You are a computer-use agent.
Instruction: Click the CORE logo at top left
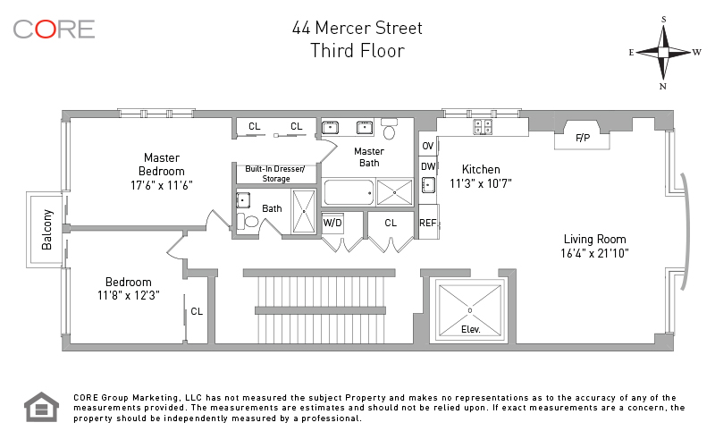[54, 29]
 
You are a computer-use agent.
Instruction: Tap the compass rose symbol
[664, 52]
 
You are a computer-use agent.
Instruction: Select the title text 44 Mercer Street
[357, 28]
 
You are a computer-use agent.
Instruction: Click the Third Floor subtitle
[357, 51]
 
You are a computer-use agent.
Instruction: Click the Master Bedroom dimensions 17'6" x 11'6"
[162, 185]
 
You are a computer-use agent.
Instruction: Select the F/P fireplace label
[583, 138]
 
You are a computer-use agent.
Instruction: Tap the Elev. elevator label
[470, 329]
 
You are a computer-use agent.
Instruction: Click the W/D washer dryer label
[332, 222]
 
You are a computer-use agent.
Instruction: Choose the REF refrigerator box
[428, 223]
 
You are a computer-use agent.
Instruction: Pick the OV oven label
[428, 146]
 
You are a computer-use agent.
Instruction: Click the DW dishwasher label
[428, 165]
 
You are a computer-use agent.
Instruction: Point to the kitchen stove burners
[483, 127]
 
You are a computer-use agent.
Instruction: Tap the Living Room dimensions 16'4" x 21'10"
[594, 253]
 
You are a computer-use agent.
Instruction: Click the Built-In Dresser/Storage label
[275, 173]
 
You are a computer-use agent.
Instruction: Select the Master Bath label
[369, 156]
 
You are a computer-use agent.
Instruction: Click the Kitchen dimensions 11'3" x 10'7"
[481, 183]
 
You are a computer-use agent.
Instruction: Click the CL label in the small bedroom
[197, 312]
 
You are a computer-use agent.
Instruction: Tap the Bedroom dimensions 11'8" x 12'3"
[128, 295]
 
